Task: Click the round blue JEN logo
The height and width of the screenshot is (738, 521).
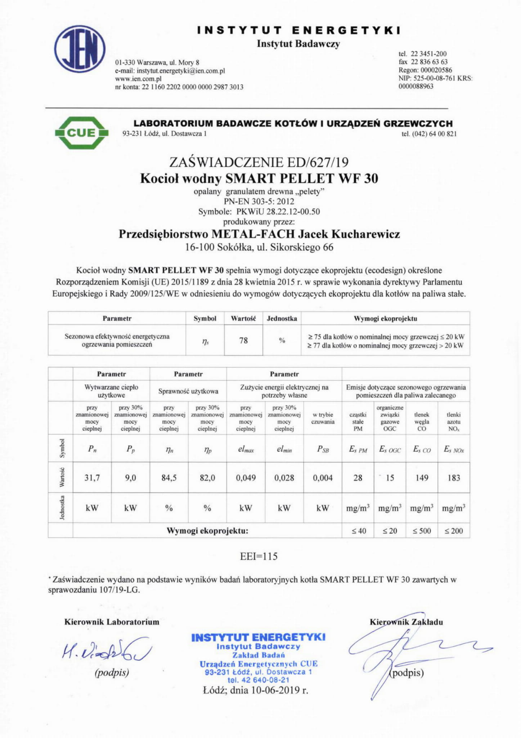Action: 80,49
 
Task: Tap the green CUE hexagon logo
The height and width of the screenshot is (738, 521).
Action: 82,133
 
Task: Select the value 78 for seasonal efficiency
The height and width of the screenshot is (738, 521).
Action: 243,340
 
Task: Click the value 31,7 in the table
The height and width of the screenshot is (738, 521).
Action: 92,478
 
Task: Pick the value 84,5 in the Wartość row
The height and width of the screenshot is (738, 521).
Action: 169,478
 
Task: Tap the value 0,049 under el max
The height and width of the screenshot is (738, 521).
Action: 246,478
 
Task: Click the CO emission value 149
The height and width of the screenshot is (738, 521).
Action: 422,478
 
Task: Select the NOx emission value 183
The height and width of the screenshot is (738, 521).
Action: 454,478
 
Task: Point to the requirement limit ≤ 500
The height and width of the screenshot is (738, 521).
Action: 422,531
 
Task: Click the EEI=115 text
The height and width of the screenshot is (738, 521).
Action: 259,556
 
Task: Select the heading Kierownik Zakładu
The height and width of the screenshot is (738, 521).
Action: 406,622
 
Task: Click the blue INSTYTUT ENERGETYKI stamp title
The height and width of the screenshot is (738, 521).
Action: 258,637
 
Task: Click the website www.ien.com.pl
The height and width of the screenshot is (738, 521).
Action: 138,79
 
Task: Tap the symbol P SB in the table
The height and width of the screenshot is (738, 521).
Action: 323,450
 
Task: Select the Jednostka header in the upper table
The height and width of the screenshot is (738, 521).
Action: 282,318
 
